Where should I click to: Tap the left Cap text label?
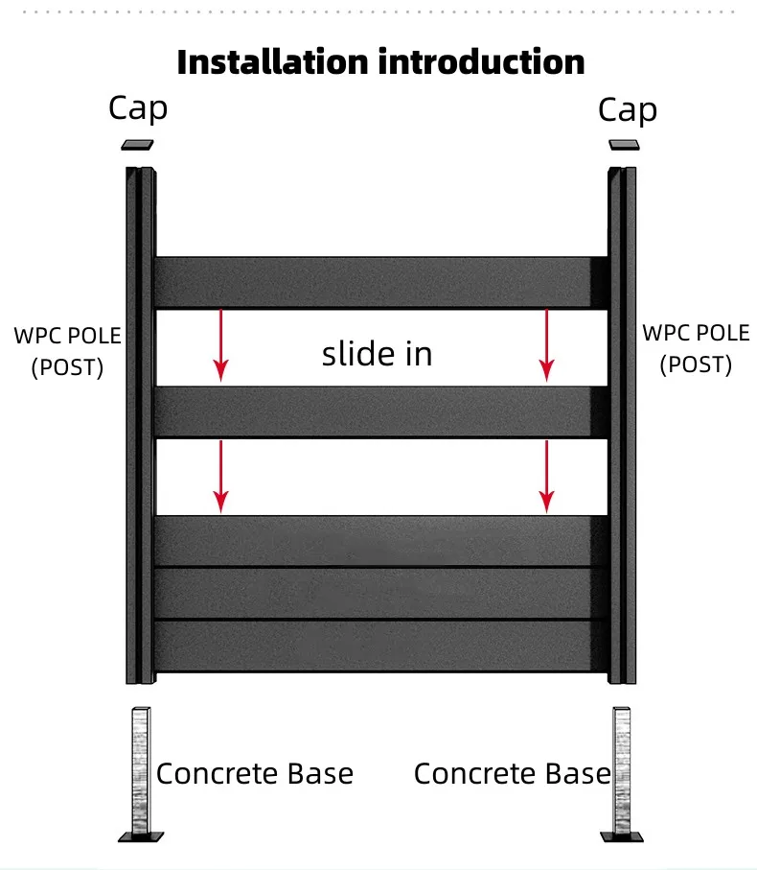(x=138, y=108)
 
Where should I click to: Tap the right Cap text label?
(x=628, y=110)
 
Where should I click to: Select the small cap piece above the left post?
(x=137, y=145)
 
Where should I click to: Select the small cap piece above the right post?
(x=625, y=145)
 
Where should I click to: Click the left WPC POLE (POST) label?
(x=67, y=351)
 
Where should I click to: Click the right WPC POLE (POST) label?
(x=696, y=348)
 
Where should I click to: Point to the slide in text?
(x=377, y=354)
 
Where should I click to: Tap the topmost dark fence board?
(x=381, y=282)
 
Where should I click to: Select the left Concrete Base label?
(x=254, y=774)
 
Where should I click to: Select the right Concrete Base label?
(x=512, y=774)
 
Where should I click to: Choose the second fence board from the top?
(x=381, y=411)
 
